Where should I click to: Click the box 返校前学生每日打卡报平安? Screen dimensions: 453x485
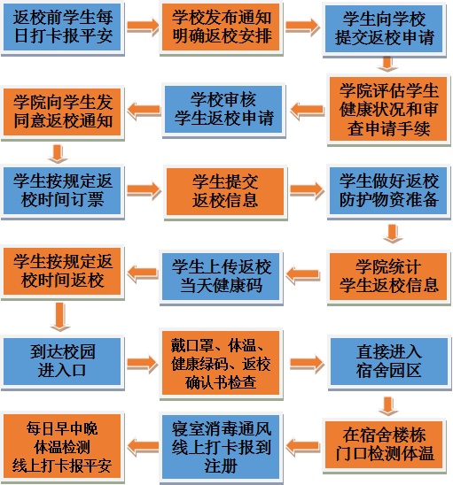click(x=62, y=27)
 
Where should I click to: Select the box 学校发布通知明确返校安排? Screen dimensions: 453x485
click(x=221, y=27)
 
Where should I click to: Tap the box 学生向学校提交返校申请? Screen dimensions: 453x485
click(x=384, y=29)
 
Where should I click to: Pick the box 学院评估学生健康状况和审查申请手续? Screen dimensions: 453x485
click(x=388, y=109)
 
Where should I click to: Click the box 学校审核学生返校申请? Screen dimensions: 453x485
click(x=223, y=110)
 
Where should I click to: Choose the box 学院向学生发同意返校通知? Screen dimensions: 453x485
click(x=62, y=112)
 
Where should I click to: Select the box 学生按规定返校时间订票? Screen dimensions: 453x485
click(x=62, y=191)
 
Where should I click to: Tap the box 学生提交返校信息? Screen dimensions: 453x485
click(x=225, y=191)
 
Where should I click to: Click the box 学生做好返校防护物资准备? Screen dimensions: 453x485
click(x=388, y=191)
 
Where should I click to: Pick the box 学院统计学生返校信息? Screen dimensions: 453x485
click(x=388, y=276)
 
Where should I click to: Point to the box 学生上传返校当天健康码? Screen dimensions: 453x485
click(x=221, y=276)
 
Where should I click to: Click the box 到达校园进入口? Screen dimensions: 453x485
click(x=62, y=362)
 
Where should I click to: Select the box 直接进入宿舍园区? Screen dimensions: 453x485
click(x=389, y=362)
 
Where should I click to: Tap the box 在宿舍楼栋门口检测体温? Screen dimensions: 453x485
click(x=384, y=445)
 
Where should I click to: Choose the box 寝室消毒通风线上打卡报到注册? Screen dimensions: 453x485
click(x=221, y=448)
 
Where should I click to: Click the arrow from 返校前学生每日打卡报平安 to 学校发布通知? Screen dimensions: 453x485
click(x=142, y=27)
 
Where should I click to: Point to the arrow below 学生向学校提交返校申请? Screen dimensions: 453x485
click(x=387, y=64)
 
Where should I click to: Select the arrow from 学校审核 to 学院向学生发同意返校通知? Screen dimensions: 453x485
click(x=144, y=110)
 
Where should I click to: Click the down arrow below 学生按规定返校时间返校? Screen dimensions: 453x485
click(x=59, y=316)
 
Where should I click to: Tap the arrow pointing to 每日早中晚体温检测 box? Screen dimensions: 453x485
click(x=142, y=447)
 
